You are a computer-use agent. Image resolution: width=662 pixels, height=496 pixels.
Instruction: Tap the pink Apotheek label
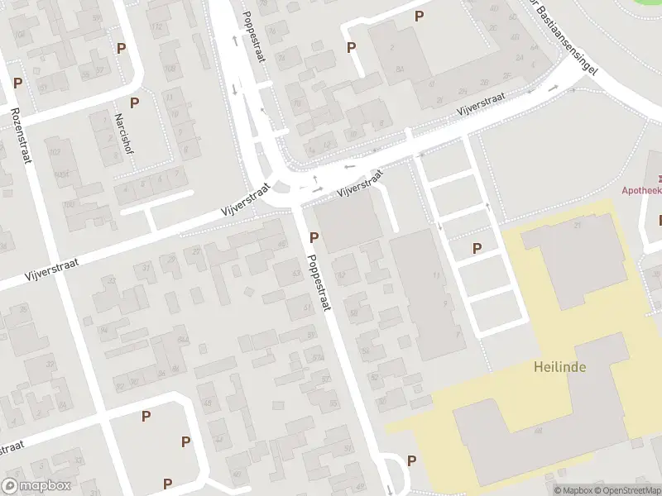(x=642, y=189)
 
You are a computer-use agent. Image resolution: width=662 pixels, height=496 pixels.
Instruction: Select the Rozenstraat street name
(x=21, y=135)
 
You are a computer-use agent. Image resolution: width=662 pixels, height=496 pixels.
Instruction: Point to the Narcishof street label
(x=121, y=133)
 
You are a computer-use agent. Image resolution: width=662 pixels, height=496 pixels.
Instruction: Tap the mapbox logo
(x=36, y=486)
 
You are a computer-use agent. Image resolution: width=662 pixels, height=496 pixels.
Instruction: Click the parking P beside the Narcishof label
(x=134, y=103)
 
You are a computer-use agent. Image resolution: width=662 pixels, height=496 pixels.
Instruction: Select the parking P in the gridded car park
(x=477, y=248)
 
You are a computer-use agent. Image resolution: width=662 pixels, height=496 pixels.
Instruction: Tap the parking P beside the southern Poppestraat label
(x=314, y=238)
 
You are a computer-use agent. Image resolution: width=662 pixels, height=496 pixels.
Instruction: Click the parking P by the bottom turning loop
(x=411, y=460)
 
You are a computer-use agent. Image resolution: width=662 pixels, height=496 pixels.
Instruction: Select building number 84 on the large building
(x=400, y=69)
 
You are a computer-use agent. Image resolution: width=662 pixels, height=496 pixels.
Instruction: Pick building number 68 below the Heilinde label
(x=538, y=431)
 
